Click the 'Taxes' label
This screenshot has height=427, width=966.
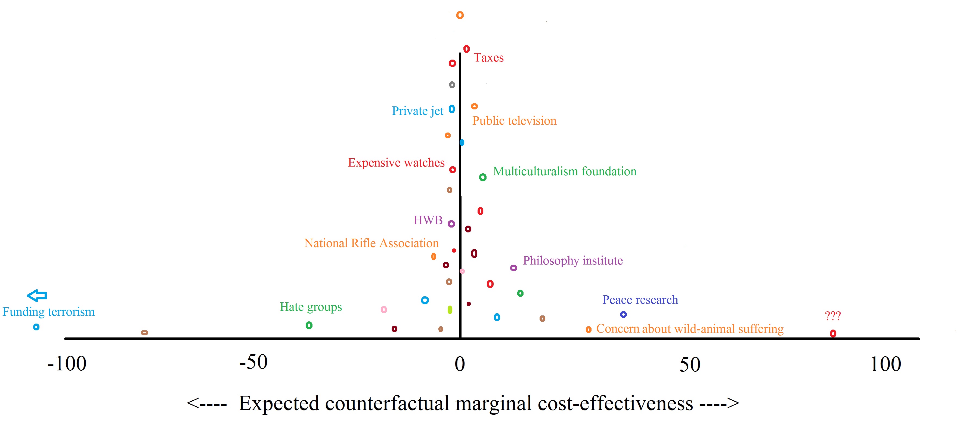[x=488, y=58]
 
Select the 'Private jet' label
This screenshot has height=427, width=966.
[x=417, y=111]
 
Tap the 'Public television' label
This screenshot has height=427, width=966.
[x=514, y=121]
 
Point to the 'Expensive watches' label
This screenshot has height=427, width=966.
[x=396, y=162]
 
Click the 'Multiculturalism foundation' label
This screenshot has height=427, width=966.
[x=564, y=171]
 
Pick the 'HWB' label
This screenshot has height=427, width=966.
[x=428, y=220]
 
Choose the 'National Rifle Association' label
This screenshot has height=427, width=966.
[x=371, y=243]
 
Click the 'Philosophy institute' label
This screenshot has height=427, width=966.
[x=573, y=260]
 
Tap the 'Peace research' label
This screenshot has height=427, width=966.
[x=640, y=300]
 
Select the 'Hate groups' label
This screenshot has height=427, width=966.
[x=311, y=307]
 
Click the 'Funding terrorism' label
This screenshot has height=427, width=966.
[x=49, y=312]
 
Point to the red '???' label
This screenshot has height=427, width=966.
[x=832, y=316]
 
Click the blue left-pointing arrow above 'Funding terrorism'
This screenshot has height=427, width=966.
[x=37, y=296]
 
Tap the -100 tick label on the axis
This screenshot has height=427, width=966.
[x=67, y=364]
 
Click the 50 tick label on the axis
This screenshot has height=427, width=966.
[x=690, y=365]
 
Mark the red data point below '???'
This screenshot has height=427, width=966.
[x=833, y=333]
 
